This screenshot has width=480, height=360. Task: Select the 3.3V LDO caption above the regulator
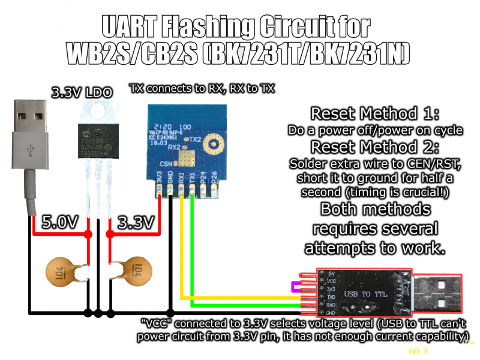click(81, 93)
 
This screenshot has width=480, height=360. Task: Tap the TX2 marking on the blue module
click(194, 139)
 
